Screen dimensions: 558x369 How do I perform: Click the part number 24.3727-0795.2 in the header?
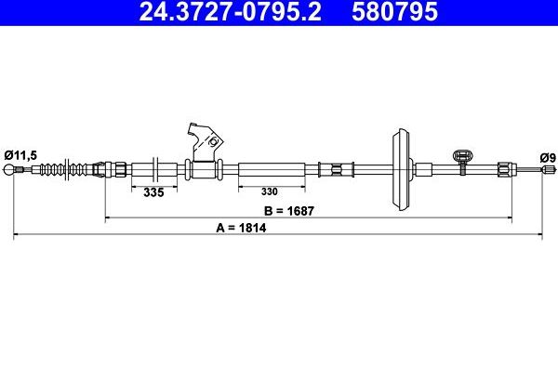pyautogui.click(x=230, y=11)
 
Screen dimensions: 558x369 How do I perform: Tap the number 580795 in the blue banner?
pyautogui.click(x=394, y=11)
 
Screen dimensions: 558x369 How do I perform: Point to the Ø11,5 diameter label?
pyautogui.click(x=20, y=155)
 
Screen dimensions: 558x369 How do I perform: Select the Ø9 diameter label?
pyautogui.click(x=548, y=157)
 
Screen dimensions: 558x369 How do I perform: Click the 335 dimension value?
pyautogui.click(x=153, y=192)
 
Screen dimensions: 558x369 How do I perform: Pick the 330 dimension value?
pyautogui.click(x=269, y=191)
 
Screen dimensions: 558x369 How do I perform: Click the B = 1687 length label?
pyautogui.click(x=289, y=211)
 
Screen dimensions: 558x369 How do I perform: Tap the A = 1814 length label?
pyautogui.click(x=241, y=228)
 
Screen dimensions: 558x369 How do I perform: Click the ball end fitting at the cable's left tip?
pyautogui.click(x=8, y=170)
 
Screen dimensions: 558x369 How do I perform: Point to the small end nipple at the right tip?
pyautogui.click(x=548, y=169)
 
